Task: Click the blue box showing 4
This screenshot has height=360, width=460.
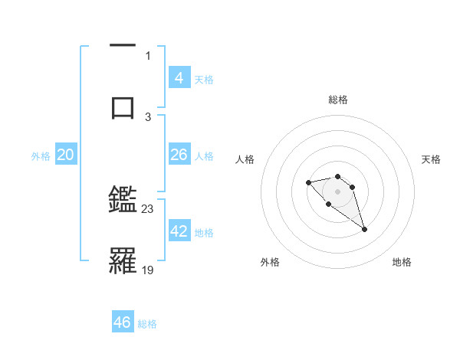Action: pyautogui.click(x=179, y=77)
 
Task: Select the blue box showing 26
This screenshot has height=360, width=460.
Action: pyautogui.click(x=179, y=155)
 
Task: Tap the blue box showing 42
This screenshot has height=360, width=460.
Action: pyautogui.click(x=179, y=231)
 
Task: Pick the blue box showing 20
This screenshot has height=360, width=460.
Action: pyautogui.click(x=65, y=155)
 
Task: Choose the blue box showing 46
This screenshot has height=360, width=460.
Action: pyautogui.click(x=123, y=322)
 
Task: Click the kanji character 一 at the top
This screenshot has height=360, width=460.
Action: pyautogui.click(x=123, y=46)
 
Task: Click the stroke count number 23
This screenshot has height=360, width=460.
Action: pyautogui.click(x=148, y=208)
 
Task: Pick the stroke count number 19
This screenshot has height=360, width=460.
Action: pyautogui.click(x=148, y=270)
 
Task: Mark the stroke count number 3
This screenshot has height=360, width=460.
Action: pyautogui.click(x=148, y=116)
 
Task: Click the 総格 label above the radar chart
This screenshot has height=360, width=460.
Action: pyautogui.click(x=337, y=100)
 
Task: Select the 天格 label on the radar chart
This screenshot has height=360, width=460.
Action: pyautogui.click(x=431, y=159)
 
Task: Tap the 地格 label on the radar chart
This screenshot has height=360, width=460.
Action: pyautogui.click(x=402, y=262)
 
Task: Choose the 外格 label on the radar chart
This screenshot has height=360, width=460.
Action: pyautogui.click(x=270, y=262)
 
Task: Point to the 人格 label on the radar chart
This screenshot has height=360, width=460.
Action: pyautogui.click(x=245, y=159)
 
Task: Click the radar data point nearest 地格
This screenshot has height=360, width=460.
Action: pyautogui.click(x=364, y=229)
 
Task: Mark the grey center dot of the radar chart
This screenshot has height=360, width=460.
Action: pyautogui.click(x=337, y=191)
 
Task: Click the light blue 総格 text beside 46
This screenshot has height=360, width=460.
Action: pyautogui.click(x=147, y=324)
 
